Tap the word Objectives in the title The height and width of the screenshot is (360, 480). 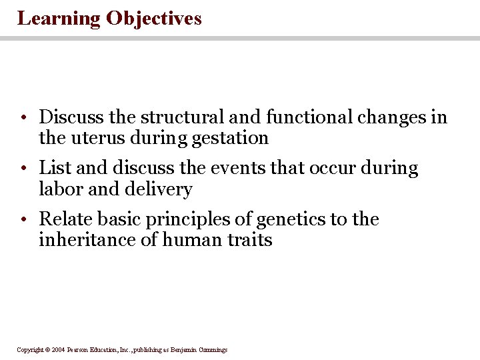153,19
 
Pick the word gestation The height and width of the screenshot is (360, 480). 230,139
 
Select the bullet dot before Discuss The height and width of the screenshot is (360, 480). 23,119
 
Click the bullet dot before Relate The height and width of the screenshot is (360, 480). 23,220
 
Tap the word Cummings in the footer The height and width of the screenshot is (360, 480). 213,349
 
